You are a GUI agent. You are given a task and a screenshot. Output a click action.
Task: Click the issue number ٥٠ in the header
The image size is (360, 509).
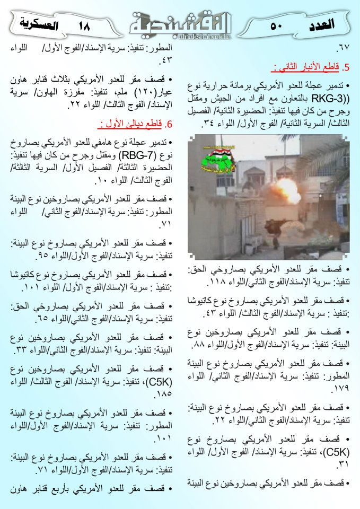[x=276, y=25]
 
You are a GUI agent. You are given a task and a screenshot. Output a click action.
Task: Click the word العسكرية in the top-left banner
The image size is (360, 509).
[x=38, y=23]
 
